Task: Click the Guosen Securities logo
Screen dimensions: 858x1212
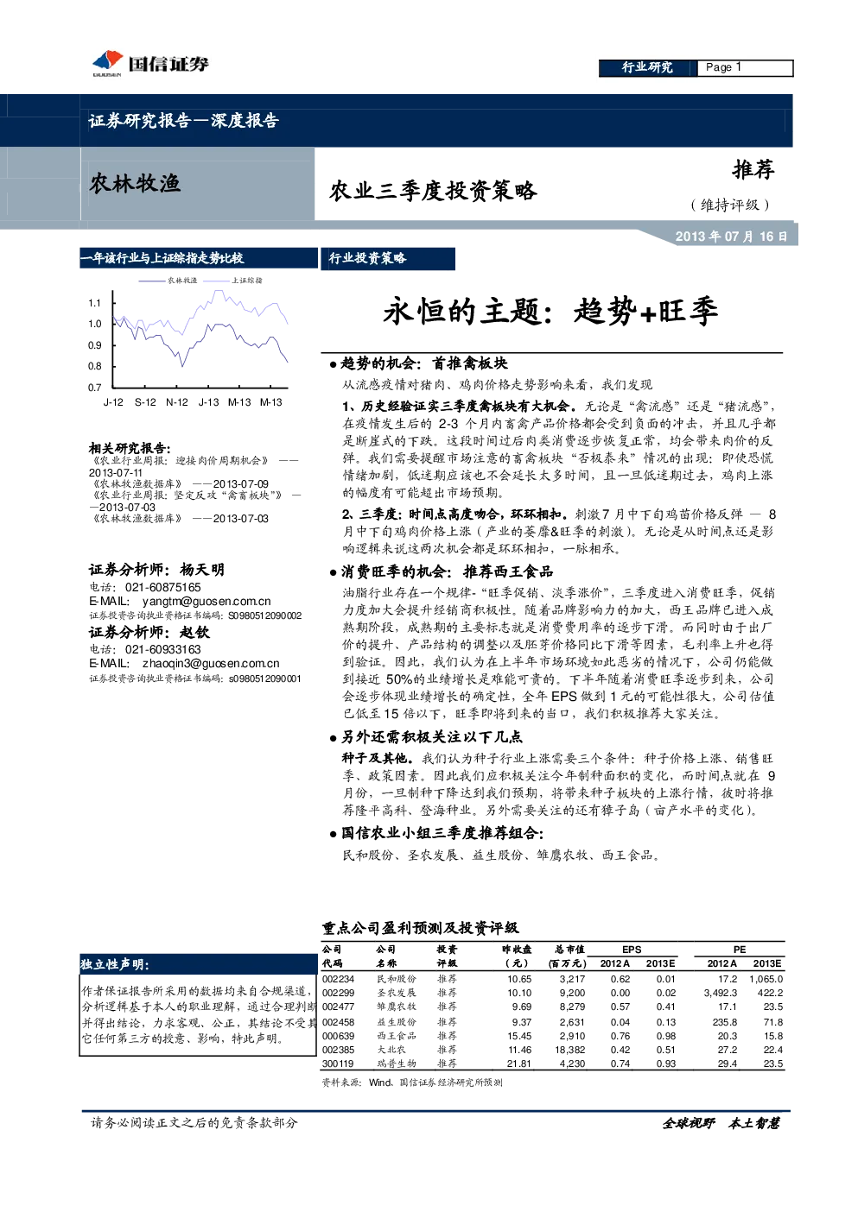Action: (x=150, y=64)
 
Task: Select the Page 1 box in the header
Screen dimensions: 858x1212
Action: (x=744, y=67)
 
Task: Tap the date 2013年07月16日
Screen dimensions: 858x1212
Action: (x=731, y=237)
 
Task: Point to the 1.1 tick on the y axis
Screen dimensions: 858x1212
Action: (x=94, y=303)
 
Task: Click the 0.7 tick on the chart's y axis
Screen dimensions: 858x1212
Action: (x=94, y=388)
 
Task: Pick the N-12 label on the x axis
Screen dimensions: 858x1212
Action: (x=176, y=402)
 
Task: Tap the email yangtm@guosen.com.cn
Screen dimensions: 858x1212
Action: (x=207, y=601)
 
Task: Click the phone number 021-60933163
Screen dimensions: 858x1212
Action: (x=162, y=649)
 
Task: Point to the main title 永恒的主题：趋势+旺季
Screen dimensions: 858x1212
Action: (x=550, y=312)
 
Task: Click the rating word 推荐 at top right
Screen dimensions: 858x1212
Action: (x=753, y=170)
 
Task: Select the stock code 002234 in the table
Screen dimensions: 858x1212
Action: (x=338, y=979)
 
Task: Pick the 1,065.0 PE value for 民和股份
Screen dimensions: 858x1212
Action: (x=766, y=979)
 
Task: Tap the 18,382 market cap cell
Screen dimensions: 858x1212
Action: (x=569, y=1050)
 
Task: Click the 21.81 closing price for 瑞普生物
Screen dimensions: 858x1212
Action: (x=519, y=1064)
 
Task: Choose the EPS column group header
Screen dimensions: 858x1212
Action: (x=632, y=950)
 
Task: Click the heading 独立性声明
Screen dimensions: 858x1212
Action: (x=114, y=964)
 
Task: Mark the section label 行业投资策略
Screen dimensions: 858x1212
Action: (x=367, y=259)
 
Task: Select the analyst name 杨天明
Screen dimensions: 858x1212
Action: (x=201, y=570)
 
